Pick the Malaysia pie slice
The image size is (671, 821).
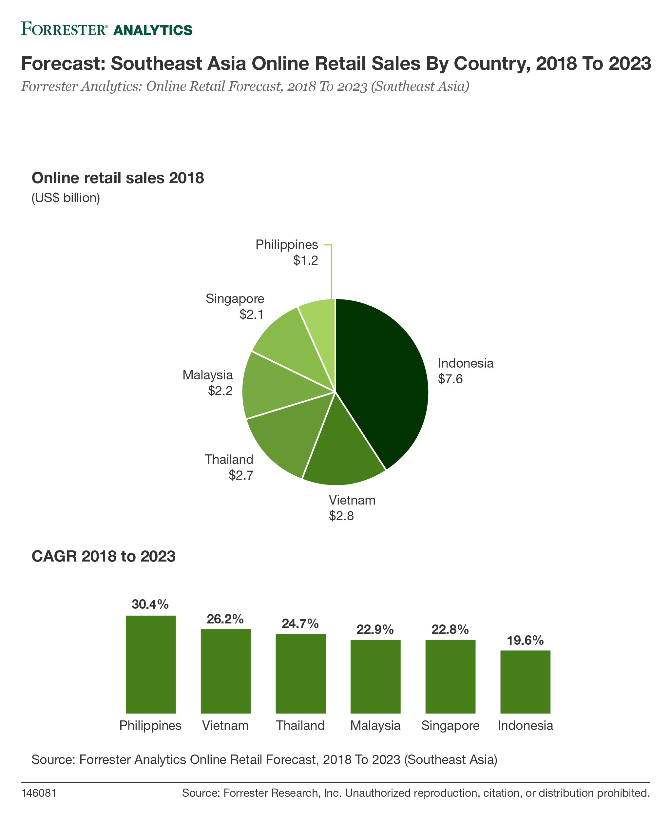click(x=278, y=387)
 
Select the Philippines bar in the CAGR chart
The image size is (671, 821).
click(x=151, y=664)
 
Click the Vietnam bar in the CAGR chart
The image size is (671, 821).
click(x=226, y=671)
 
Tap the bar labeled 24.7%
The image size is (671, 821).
click(x=301, y=674)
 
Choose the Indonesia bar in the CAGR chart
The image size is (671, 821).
click(x=525, y=682)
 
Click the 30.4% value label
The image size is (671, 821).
click(x=150, y=604)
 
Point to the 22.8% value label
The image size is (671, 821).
click(x=450, y=630)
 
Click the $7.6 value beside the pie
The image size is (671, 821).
click(x=450, y=379)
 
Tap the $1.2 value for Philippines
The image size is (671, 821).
click(x=305, y=260)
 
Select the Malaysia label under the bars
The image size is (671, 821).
click(x=375, y=726)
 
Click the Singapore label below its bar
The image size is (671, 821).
click(x=450, y=726)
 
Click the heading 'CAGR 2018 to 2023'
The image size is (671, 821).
click(x=104, y=557)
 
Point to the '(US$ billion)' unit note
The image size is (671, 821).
click(x=66, y=198)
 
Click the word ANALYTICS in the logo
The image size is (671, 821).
click(x=153, y=30)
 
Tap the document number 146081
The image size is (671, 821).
click(x=39, y=793)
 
